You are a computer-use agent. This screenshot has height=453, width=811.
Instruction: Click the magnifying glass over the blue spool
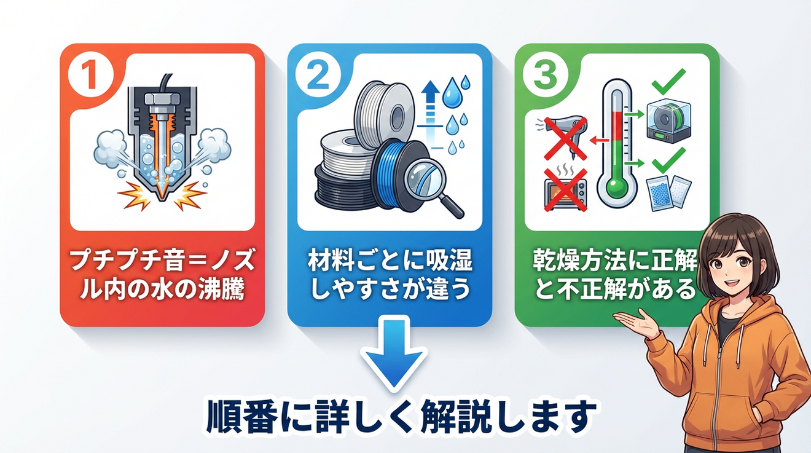pos(430,184)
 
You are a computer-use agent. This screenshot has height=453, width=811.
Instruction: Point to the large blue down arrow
pos(394,352)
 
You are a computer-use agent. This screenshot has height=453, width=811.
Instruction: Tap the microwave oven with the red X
pos(565,190)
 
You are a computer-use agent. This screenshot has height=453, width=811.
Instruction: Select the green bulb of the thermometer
pos(617,186)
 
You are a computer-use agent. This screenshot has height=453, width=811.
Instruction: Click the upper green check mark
pos(668,82)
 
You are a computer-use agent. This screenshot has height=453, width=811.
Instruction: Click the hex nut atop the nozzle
pos(162,98)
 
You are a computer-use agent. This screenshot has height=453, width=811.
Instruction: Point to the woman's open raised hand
pos(637,321)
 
